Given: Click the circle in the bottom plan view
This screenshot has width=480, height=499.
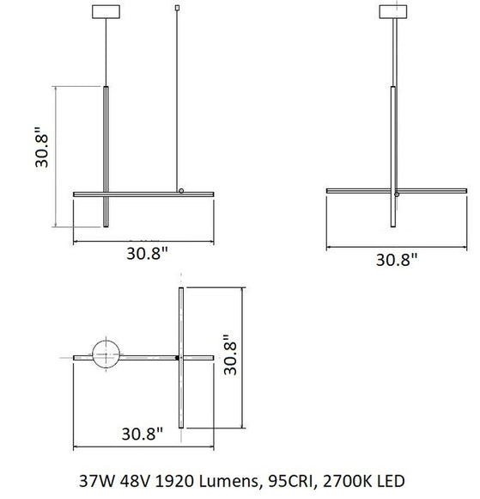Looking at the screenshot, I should click(x=107, y=354).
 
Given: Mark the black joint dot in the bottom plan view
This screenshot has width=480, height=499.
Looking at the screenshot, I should click(x=178, y=355).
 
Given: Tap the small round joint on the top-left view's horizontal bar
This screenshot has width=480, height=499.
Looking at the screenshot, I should click(x=180, y=190).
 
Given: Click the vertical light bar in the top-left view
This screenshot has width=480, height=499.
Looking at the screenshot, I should click(x=106, y=155).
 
